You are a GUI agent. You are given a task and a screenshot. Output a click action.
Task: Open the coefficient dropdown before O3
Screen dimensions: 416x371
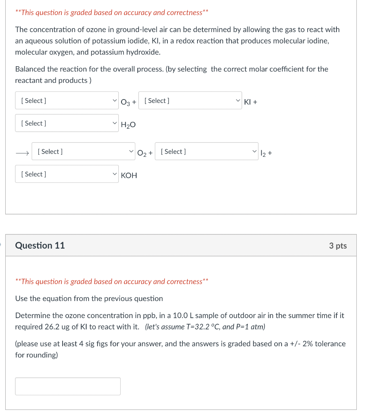67,101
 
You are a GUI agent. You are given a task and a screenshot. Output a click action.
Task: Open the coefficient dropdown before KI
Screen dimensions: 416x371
190,101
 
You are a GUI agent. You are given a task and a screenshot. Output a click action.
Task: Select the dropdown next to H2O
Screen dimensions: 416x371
67,123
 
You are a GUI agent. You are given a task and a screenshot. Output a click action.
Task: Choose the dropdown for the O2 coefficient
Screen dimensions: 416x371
83,152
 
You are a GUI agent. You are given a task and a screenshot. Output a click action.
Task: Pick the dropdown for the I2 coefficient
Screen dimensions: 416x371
206,152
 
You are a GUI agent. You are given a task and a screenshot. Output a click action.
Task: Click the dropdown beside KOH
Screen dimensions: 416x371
67,174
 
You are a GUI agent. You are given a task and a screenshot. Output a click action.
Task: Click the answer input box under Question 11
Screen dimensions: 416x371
68,386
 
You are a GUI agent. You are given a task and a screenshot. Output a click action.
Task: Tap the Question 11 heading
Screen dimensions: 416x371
40,245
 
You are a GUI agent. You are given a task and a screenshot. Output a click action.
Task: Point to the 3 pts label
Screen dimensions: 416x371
338,245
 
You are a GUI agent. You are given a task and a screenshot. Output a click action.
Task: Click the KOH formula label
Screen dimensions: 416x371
129,175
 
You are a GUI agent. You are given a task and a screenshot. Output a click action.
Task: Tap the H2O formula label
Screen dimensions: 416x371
128,126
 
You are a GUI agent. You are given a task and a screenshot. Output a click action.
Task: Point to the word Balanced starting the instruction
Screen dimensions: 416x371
30,69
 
